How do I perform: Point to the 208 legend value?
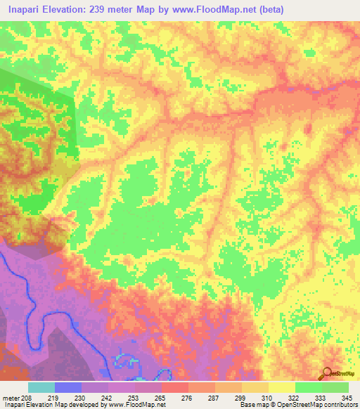coord(27,398)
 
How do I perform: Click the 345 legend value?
coord(347,398)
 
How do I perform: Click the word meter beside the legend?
coord(11,398)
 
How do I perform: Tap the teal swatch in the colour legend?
coord(41,387)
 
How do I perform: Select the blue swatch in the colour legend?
coord(68,387)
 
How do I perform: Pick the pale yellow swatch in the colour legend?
coord(282,387)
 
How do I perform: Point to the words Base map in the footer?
coord(250,405)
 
